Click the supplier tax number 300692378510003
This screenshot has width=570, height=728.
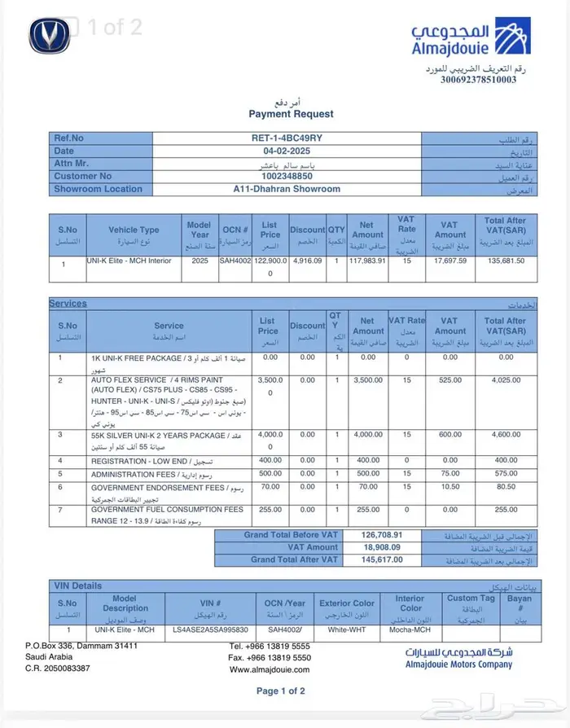coord(478,80)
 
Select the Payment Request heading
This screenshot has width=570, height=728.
coord(291,115)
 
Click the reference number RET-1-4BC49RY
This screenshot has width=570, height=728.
coord(287,138)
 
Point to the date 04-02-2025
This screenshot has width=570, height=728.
coord(287,151)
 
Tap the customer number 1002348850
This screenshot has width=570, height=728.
coord(286,176)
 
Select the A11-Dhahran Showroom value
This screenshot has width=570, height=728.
coord(287,189)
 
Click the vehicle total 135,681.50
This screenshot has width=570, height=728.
coord(505,261)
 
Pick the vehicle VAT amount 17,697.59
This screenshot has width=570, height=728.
coord(450,261)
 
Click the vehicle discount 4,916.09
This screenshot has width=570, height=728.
coord(307,261)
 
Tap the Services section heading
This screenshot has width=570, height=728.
coord(68,304)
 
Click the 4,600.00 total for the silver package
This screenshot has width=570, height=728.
coord(505,435)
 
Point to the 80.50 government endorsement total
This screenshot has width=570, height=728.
coord(505,487)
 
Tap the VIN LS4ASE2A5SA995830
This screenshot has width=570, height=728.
coord(210,629)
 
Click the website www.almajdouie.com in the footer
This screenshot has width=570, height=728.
coord(270,669)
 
